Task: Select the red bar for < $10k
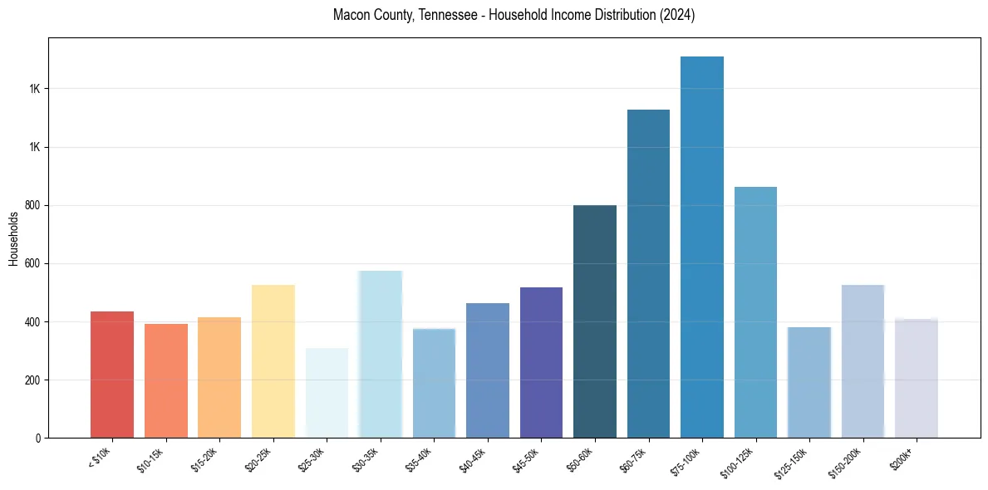(x=112, y=375)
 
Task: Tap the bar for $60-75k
(x=648, y=274)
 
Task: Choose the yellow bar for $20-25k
(x=273, y=361)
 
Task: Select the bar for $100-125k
(x=755, y=312)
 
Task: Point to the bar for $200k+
(x=917, y=379)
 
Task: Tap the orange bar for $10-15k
(x=166, y=381)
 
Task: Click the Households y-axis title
(x=13, y=238)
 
